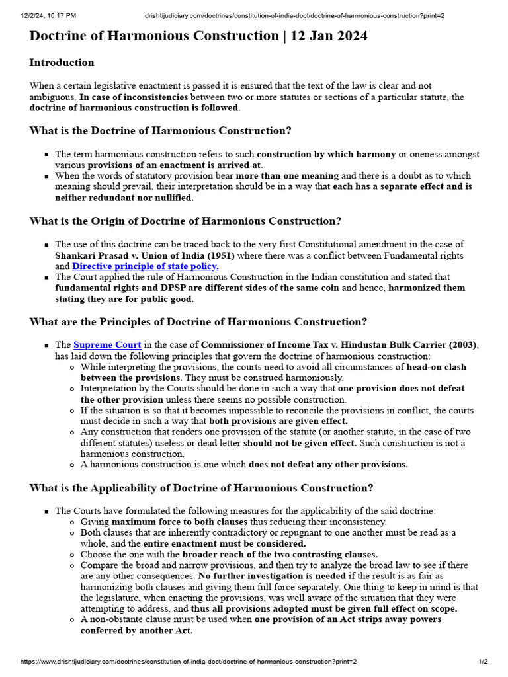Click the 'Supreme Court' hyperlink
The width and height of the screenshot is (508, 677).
coord(107,345)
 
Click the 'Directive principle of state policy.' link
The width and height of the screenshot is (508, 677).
coord(145,266)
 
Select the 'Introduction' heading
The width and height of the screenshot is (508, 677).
coord(62,63)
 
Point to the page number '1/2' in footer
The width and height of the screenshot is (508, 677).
coord(483,662)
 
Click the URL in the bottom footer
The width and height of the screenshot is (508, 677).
coord(189,662)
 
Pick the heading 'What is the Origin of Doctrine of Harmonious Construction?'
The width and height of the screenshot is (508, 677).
coord(185,221)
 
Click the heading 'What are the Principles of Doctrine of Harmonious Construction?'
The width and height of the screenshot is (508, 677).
coord(198,322)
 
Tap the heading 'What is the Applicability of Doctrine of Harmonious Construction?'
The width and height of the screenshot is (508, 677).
coord(201,488)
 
